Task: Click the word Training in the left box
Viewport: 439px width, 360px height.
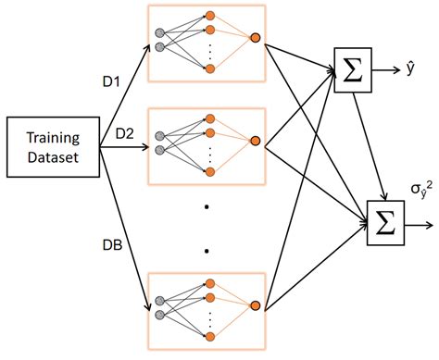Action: click(52, 137)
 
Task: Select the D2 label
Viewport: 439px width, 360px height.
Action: click(125, 132)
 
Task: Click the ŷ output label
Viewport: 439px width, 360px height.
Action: click(410, 68)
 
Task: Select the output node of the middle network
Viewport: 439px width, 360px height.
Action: click(255, 140)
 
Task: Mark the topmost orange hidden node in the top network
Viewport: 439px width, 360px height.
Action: click(210, 15)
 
